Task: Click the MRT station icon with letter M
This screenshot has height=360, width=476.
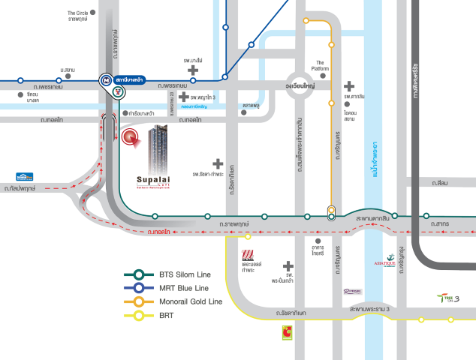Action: point(106,79)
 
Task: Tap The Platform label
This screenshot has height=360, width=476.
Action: point(321,65)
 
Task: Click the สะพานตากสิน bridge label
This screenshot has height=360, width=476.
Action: point(373,217)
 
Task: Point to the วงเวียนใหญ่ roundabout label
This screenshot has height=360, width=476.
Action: point(300,85)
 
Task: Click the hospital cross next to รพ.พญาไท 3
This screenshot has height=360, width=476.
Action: point(183,97)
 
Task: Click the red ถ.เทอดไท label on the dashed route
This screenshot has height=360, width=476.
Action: point(158,232)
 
